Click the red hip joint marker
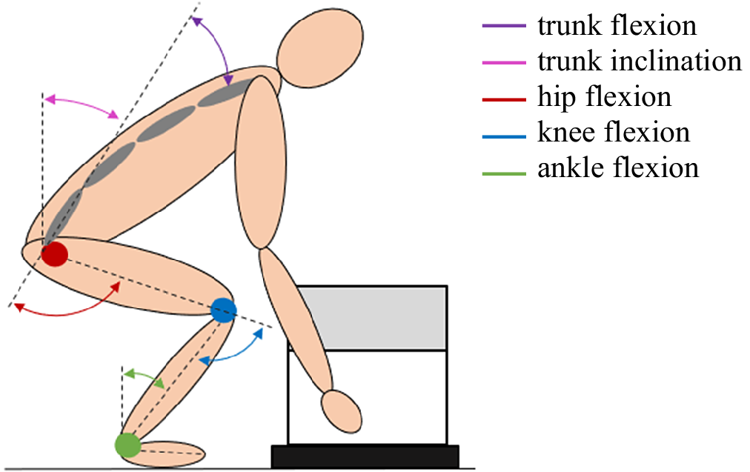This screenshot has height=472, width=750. [54, 254]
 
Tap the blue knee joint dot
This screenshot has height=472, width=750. [222, 310]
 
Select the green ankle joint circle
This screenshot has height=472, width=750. [127, 445]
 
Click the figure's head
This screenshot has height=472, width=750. [321, 46]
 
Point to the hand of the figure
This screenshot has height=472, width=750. [342, 410]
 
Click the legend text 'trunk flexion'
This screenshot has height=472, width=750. [617, 25]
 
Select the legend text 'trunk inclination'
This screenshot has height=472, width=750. [639, 61]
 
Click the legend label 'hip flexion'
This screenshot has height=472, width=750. [604, 96]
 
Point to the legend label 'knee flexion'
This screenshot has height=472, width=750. [613, 132]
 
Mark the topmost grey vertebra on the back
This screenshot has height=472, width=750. [236, 92]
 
